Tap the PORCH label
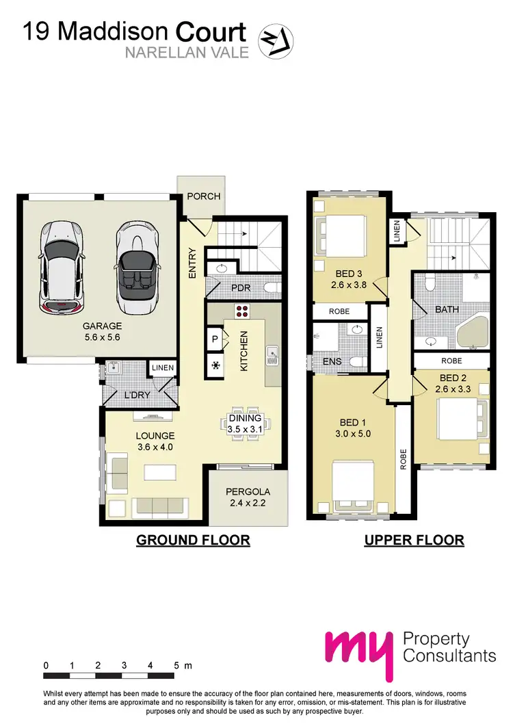(x=205, y=196)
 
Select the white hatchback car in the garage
(x=61, y=265)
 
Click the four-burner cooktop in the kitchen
(x=242, y=312)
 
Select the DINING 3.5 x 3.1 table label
(x=245, y=424)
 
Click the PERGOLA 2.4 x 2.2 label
(x=249, y=497)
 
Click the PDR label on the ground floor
(x=241, y=288)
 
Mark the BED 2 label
(x=452, y=378)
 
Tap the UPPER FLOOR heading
(x=414, y=540)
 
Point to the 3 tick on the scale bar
(x=124, y=665)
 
